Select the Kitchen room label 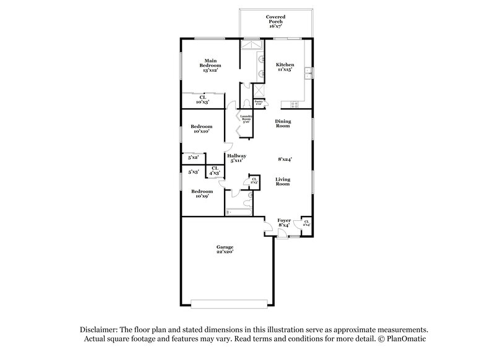[285, 67]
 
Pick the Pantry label [259, 103]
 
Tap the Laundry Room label [246, 118]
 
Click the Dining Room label [283, 124]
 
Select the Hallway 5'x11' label [236, 158]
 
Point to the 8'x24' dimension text [285, 159]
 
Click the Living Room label [283, 181]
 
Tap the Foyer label [284, 223]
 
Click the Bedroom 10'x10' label [202, 129]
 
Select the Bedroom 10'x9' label [202, 193]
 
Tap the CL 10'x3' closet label [202, 99]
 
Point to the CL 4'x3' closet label [214, 171]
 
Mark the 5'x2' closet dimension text [192, 158]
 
